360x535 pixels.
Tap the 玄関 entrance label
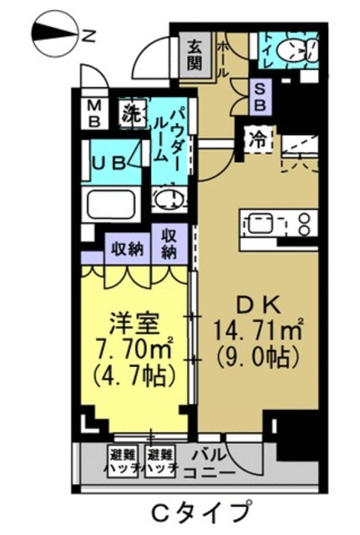tap(195, 55)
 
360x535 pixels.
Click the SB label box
tap(260, 98)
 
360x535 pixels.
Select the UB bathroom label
tap(110, 160)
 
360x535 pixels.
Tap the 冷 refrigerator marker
tap(259, 140)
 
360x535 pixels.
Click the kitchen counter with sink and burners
tap(280, 223)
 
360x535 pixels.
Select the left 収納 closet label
tap(126, 247)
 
